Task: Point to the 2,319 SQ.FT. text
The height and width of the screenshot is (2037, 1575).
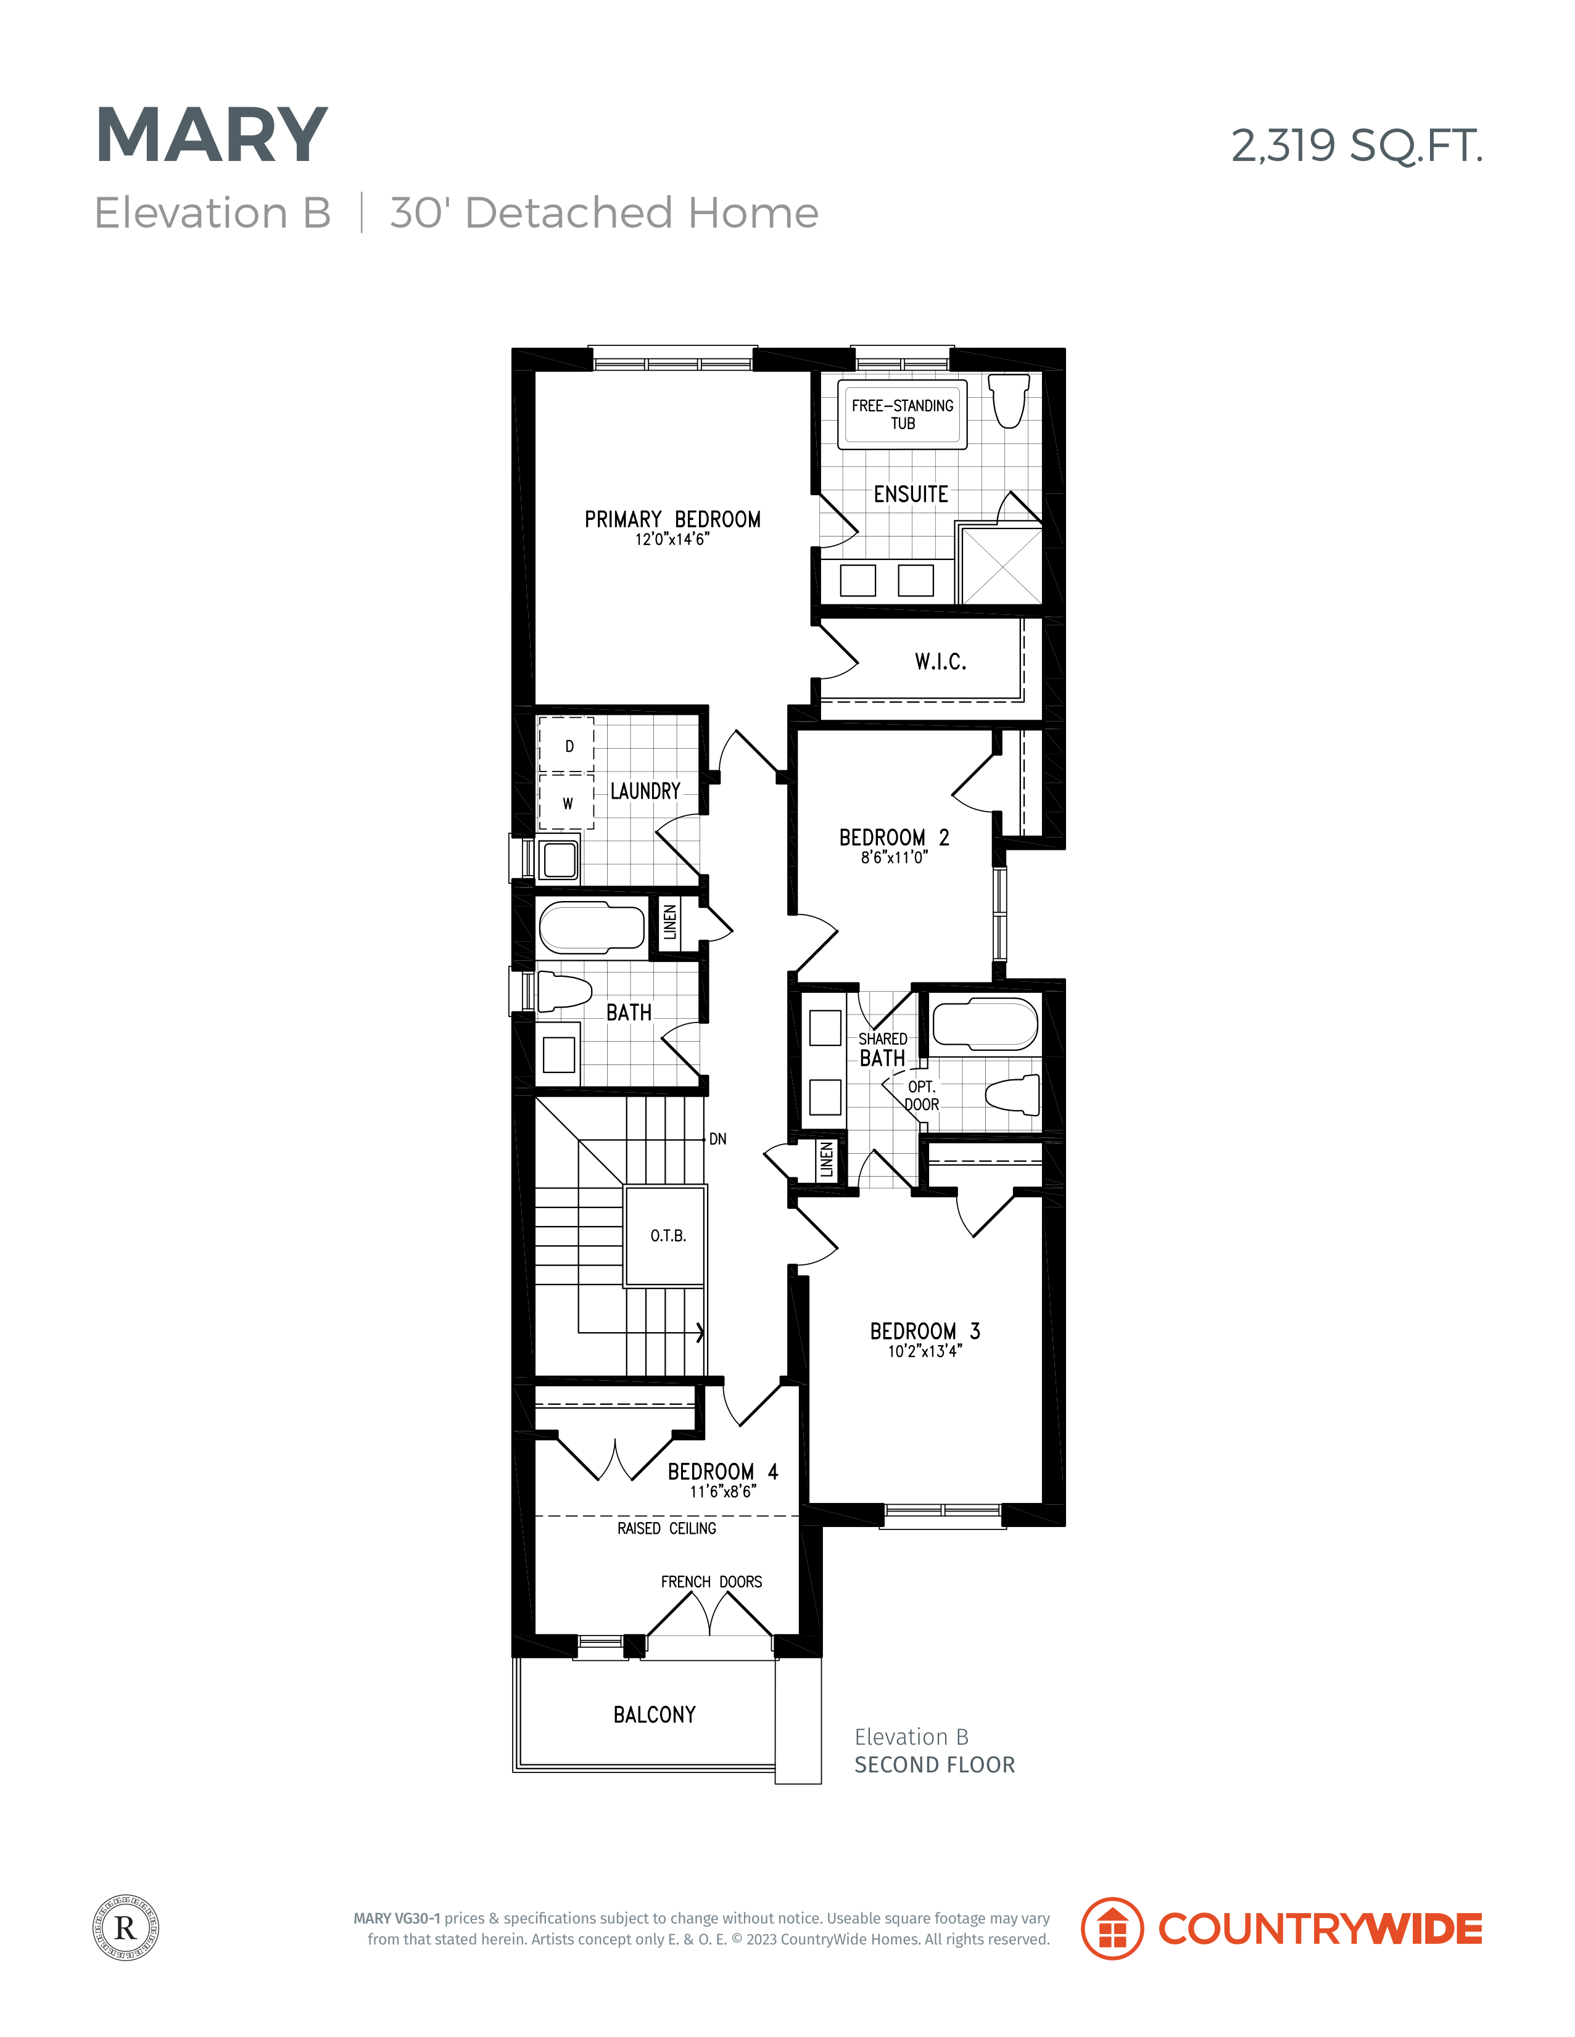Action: pyautogui.click(x=1357, y=146)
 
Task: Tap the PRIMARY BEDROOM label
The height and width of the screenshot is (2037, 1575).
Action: pyautogui.click(x=672, y=519)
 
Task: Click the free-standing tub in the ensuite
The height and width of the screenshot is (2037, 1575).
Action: pyautogui.click(x=903, y=414)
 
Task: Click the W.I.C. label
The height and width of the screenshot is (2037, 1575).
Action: pyautogui.click(x=941, y=661)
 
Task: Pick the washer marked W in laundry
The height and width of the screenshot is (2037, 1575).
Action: pyautogui.click(x=566, y=802)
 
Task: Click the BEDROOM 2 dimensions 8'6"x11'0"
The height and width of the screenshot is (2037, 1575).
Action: pyautogui.click(x=895, y=857)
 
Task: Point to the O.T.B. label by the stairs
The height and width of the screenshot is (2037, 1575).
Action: pyautogui.click(x=668, y=1236)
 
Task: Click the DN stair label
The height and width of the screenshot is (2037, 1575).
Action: pyautogui.click(x=717, y=1139)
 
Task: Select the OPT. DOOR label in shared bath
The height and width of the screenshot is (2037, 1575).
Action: pyautogui.click(x=922, y=1096)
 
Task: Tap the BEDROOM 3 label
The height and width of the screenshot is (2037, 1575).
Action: pyautogui.click(x=925, y=1331)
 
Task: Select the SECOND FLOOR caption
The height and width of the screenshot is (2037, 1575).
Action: pyautogui.click(x=935, y=1764)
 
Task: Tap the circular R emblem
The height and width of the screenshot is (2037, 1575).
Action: pyautogui.click(x=126, y=1928)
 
